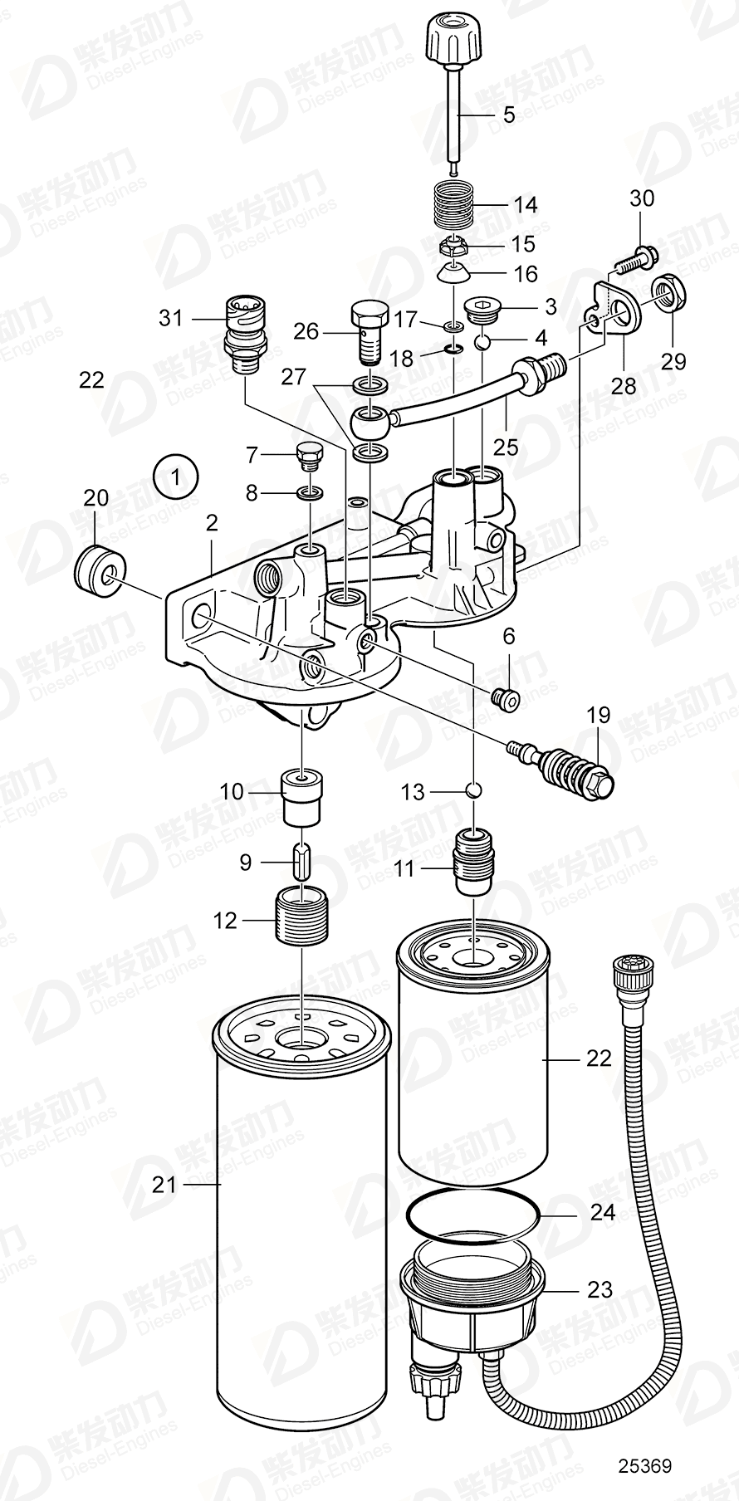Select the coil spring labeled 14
[456, 204]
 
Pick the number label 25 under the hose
[505, 447]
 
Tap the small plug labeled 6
[505, 701]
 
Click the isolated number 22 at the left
[91, 380]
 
